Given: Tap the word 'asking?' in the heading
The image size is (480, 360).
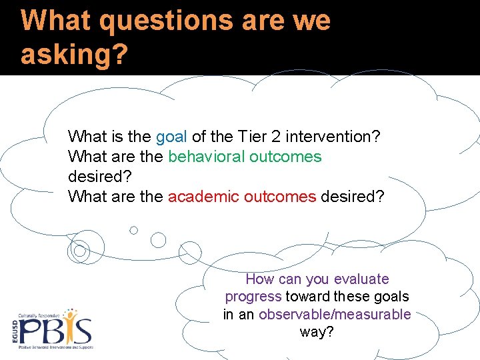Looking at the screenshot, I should (x=73, y=54).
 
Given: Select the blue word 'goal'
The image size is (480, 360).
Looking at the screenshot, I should (x=172, y=137).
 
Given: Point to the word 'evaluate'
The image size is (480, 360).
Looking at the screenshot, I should (x=361, y=279).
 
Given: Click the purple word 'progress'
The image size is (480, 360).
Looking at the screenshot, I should (x=253, y=296).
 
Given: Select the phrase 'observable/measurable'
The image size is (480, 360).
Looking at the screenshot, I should (x=335, y=314).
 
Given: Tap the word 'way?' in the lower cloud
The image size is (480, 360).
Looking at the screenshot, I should (x=317, y=331).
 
